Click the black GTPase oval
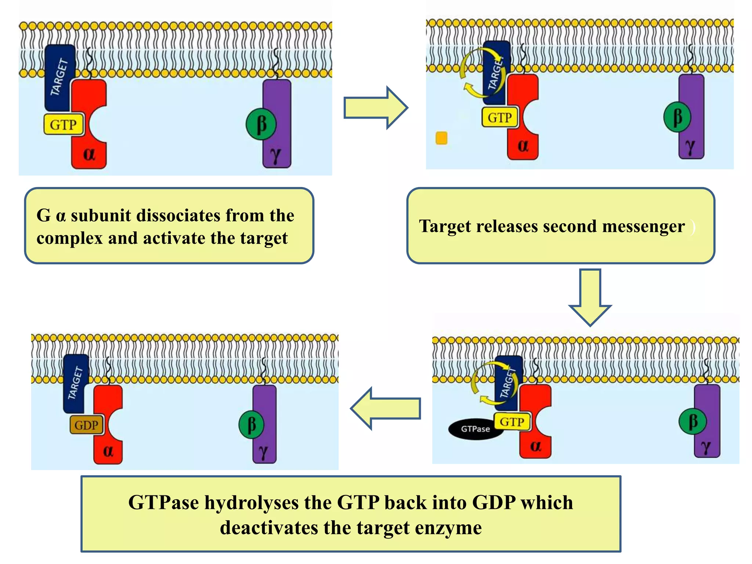(475, 429)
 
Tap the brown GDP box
(87, 425)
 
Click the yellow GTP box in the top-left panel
(63, 124)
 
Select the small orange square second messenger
(441, 138)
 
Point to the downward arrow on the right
(590, 297)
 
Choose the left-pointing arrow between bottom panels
(386, 408)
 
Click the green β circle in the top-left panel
(261, 124)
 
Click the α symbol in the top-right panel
(523, 146)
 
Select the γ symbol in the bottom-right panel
(706, 446)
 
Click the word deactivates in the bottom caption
(269, 528)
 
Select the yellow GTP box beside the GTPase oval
(512, 422)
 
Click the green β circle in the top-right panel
(677, 117)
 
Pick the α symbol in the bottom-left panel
(108, 450)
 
